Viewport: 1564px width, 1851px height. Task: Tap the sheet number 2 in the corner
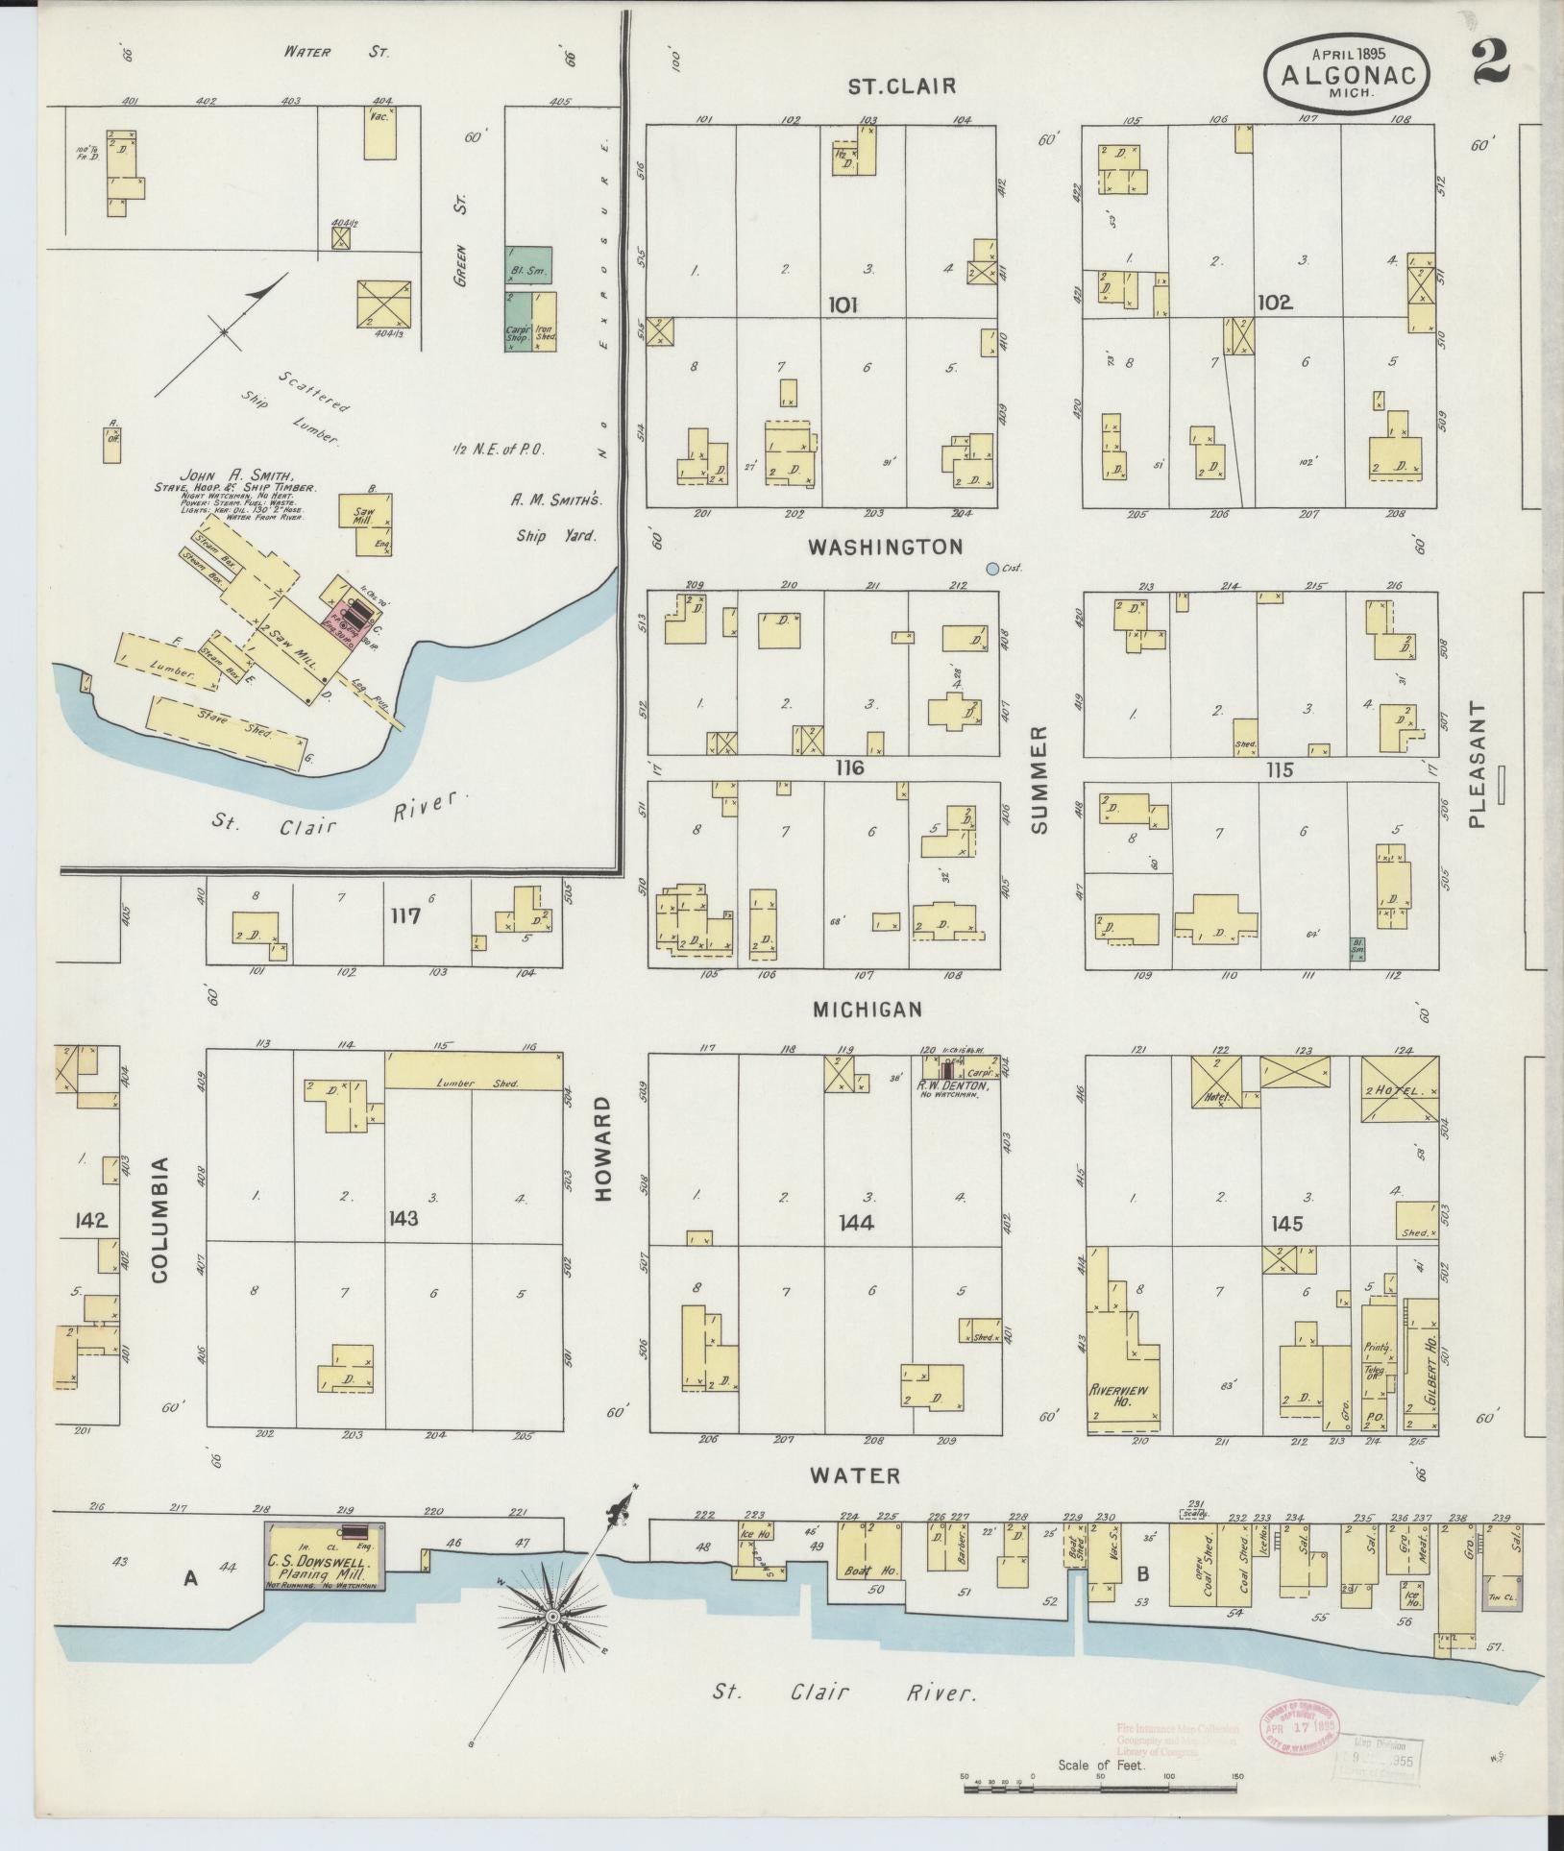1490,61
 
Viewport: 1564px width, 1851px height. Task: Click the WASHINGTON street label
884,548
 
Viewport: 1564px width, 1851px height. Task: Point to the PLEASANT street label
1477,765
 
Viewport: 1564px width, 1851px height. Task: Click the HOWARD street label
603,1149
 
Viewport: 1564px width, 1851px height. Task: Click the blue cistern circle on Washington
992,569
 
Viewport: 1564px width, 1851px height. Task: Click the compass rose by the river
553,1619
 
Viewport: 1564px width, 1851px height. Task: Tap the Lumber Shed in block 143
473,1070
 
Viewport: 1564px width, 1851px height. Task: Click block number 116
849,767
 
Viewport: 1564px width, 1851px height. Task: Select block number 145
1285,1224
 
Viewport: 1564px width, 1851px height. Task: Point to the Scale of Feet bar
1100,1788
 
